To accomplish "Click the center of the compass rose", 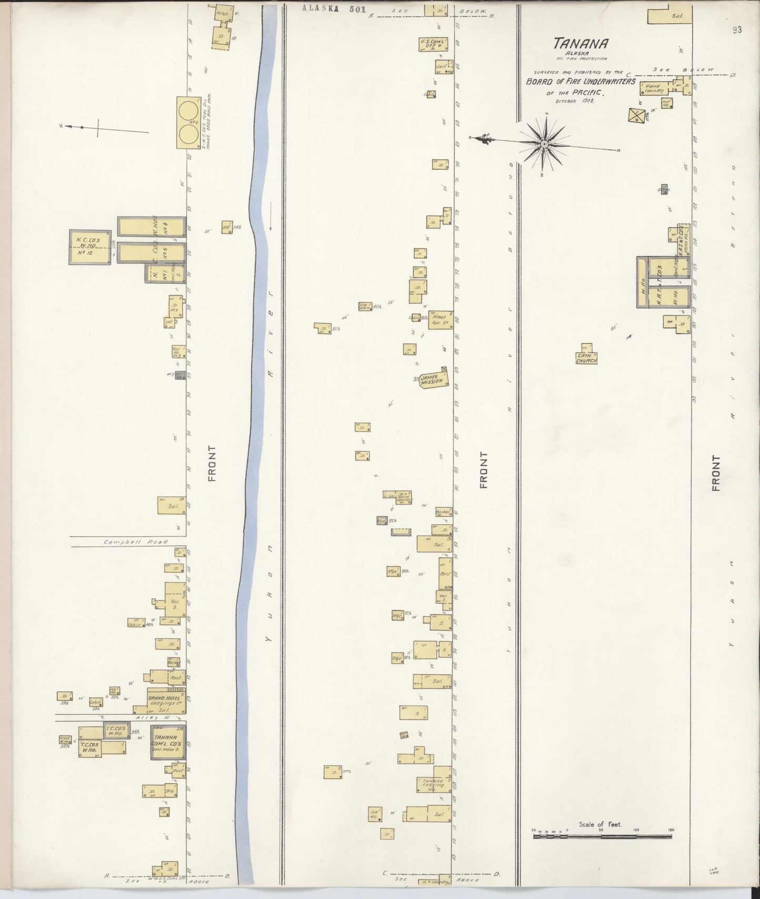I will tap(545, 142).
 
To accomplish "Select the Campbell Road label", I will tap(136, 542).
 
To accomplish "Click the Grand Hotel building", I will tap(166, 702).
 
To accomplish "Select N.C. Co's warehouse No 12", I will tap(90, 247).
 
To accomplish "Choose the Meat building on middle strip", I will tap(439, 320).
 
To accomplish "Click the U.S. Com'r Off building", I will tap(432, 44).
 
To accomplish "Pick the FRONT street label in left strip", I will tap(211, 463).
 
